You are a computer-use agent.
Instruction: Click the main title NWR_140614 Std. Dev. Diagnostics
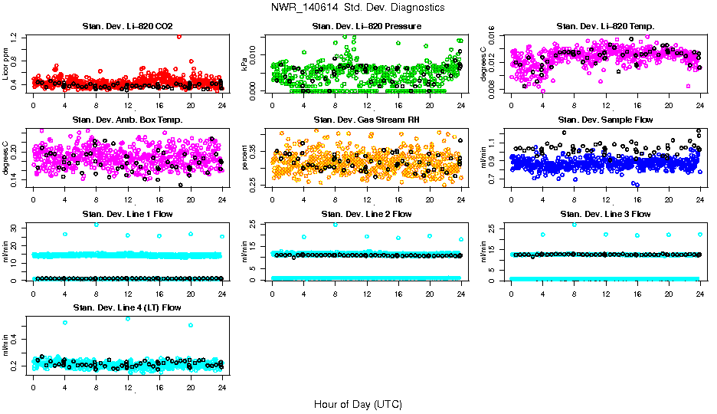358,7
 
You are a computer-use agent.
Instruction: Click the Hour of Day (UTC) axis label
358,404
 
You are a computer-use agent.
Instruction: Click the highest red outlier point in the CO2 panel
179,36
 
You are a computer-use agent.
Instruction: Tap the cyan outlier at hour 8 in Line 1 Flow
97,224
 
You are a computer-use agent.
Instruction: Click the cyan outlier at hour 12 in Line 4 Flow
128,318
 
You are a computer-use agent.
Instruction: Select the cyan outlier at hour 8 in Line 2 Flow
336,224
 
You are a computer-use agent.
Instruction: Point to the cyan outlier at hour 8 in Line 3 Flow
575,224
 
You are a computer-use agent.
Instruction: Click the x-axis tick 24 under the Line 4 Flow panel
222,388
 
